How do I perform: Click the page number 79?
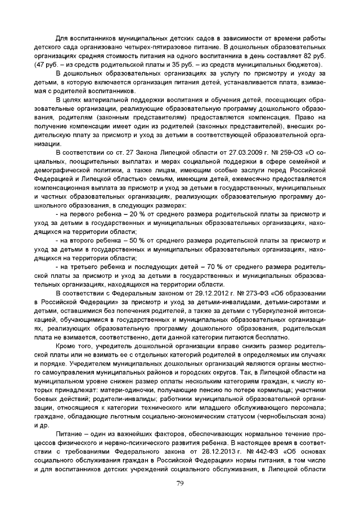(x=180, y=483)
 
